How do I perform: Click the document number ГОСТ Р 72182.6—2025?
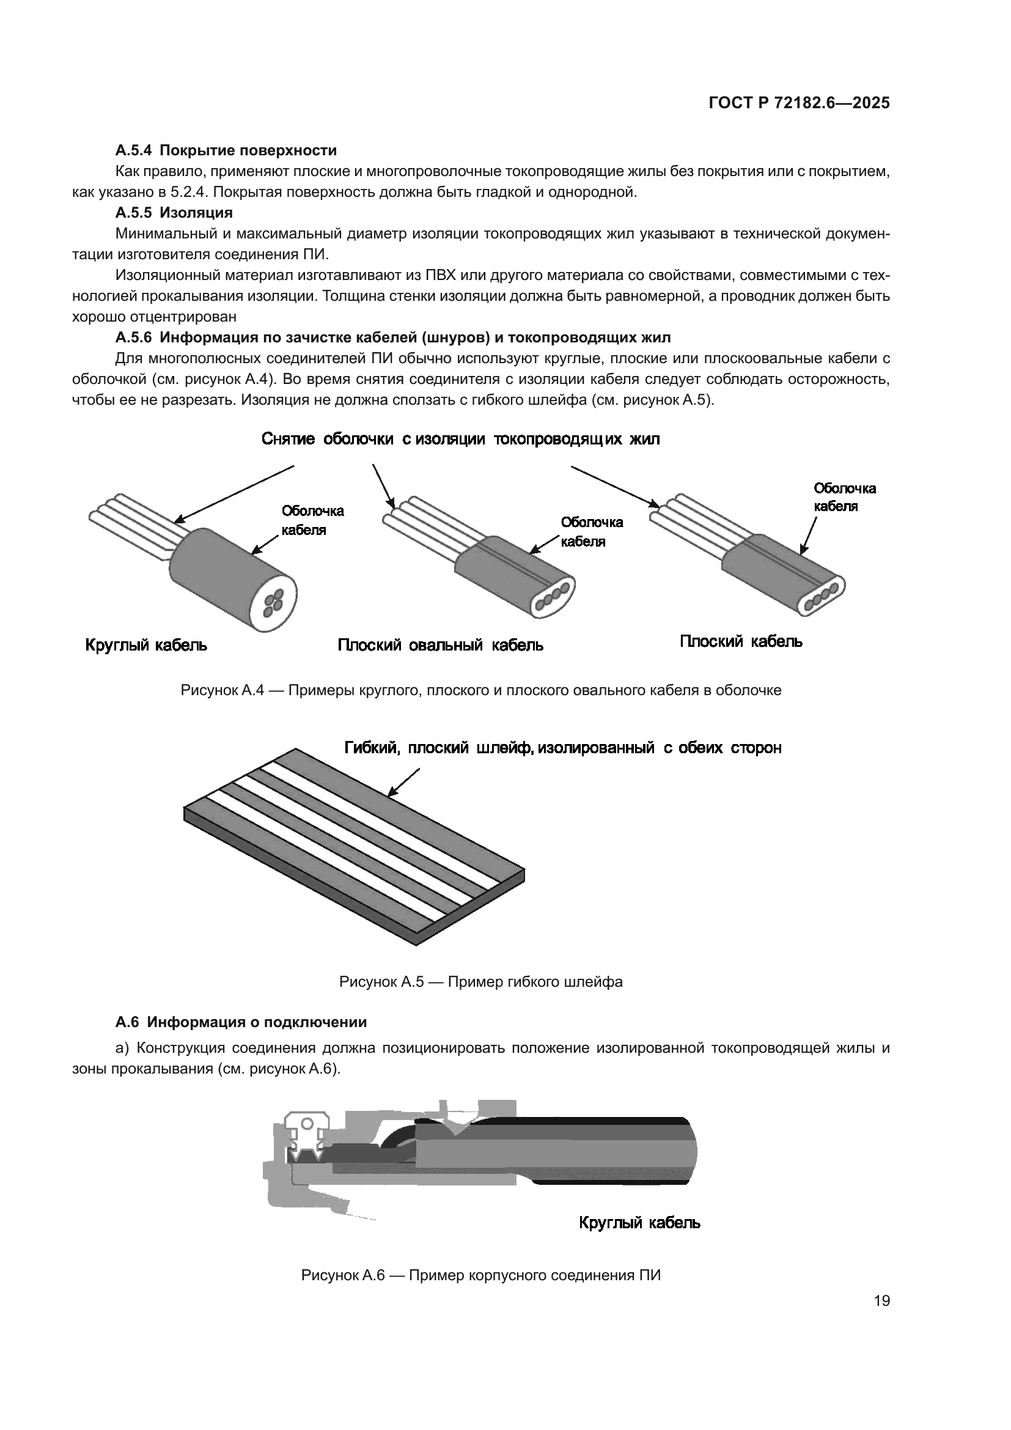pos(799,103)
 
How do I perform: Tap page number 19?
pos(881,1300)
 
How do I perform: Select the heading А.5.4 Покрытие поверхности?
pos(226,150)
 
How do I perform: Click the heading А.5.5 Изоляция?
pos(174,212)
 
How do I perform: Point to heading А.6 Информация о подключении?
pos(241,1022)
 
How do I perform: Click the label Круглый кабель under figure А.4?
pos(145,645)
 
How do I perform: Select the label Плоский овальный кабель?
pos(440,645)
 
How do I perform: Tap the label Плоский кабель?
pos(740,641)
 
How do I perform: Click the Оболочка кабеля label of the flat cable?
pos(844,497)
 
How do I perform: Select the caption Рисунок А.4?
pos(480,690)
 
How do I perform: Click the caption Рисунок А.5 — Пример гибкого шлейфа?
pos(480,982)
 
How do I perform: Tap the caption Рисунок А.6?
pos(480,1275)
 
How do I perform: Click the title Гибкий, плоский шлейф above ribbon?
pos(563,747)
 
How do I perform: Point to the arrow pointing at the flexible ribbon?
pos(403,783)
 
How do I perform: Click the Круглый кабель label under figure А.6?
pos(639,1223)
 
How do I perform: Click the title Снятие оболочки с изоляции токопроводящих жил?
pos(460,439)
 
